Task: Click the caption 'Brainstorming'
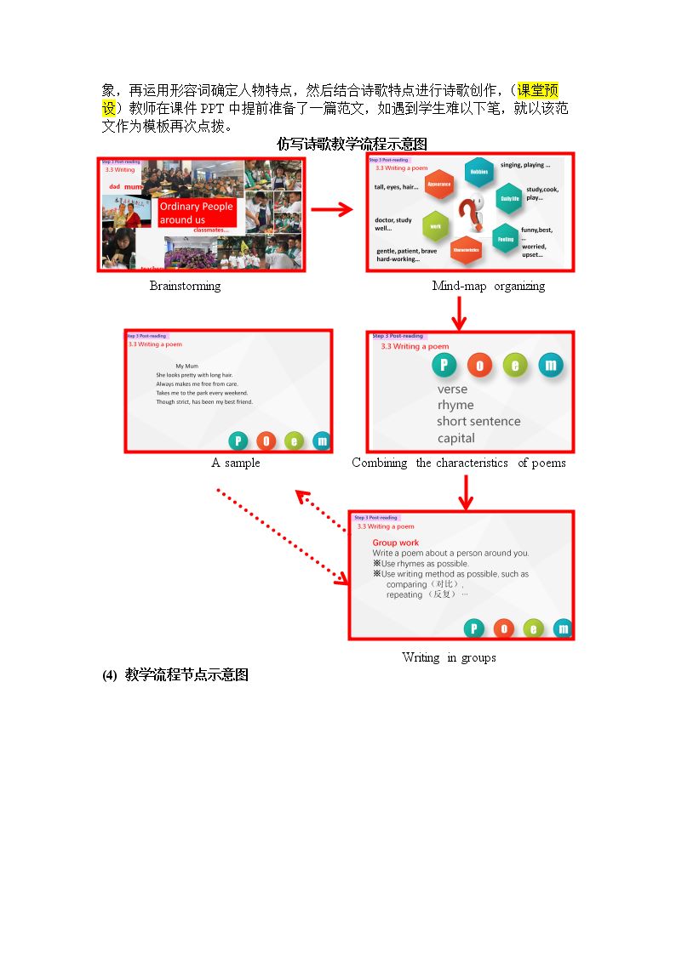click(185, 286)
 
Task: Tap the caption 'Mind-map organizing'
click(488, 286)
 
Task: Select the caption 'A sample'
click(236, 463)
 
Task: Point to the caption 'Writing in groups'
click(449, 657)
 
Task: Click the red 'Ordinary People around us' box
click(196, 213)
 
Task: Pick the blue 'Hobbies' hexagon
click(479, 173)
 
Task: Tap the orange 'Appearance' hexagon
click(438, 185)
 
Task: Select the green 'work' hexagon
click(435, 226)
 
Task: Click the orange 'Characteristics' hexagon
click(466, 250)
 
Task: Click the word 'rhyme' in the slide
click(455, 405)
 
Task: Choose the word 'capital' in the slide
click(456, 438)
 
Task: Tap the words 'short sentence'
click(478, 421)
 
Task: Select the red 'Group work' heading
click(396, 543)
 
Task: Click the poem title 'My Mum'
click(186, 366)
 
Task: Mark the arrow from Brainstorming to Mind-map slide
click(331, 210)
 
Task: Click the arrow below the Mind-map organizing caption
click(459, 312)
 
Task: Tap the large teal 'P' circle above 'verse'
click(443, 366)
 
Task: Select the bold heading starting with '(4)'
click(175, 675)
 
